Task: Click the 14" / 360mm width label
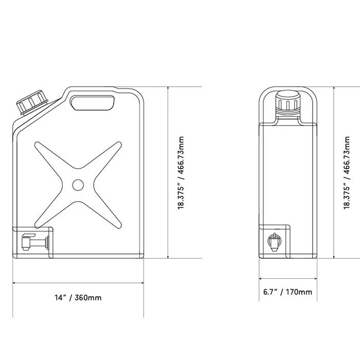click(78, 298)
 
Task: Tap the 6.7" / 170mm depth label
click(287, 292)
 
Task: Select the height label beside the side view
click(181, 173)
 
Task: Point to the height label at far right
click(347, 173)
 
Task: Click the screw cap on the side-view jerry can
click(33, 102)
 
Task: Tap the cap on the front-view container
click(287, 103)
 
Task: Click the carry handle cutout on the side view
click(93, 103)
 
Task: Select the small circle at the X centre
click(78, 185)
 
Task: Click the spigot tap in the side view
click(35, 242)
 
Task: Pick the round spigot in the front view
click(274, 242)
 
